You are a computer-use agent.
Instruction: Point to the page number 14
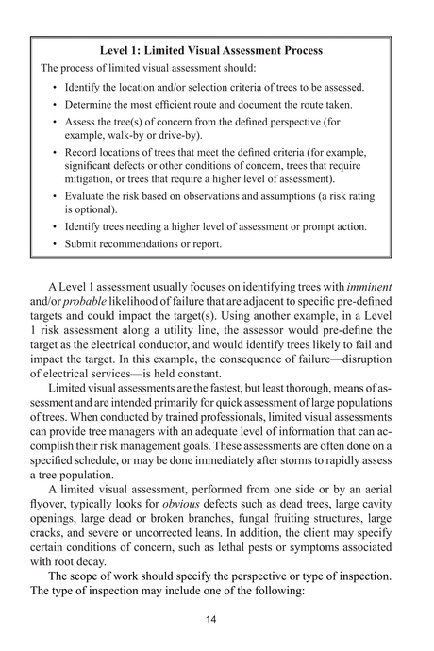click(218, 620)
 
